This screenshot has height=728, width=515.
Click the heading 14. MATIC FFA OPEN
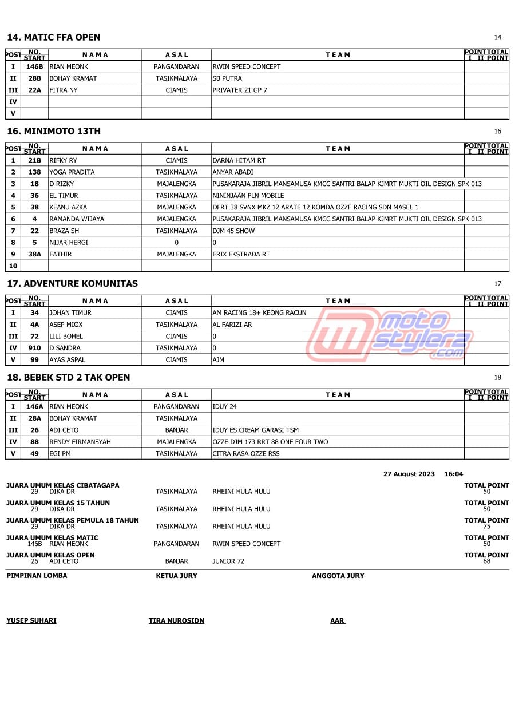pos(53,38)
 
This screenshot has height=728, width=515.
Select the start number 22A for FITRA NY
pos(34,90)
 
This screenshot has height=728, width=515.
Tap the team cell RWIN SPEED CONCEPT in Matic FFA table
pos(246,66)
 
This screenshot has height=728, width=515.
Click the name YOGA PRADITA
pos(72,172)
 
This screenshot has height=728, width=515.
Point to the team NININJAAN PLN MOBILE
pos(248,195)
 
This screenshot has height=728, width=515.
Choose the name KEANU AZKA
pos(68,207)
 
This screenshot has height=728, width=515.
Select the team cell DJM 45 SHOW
pos(233,231)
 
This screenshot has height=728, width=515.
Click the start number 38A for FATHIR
pos(34,254)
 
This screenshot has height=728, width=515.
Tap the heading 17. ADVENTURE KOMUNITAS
pos(72,284)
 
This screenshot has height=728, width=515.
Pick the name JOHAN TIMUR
pos(70,312)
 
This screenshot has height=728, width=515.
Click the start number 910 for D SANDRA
pos(34,348)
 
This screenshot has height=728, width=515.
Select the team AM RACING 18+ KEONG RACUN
pos(259,312)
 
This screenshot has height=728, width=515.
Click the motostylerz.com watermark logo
pos(389,335)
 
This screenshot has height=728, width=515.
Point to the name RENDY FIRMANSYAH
pos(80,442)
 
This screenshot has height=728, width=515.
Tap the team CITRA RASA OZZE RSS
pos(246,453)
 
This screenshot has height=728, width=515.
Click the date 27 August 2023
pos(409,474)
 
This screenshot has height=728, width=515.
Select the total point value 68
pos(486,561)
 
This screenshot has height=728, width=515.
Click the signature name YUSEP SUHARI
pos(31,620)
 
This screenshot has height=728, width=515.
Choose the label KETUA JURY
pos(176,576)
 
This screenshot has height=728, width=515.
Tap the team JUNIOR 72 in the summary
pos(228,561)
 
